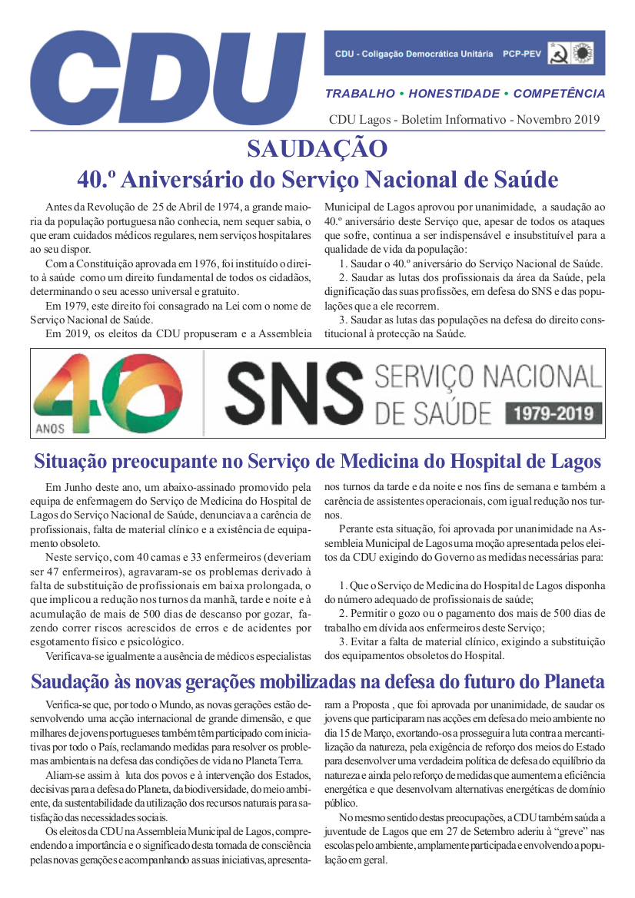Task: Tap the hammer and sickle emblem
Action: [x=560, y=54]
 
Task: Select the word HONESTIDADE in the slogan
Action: [x=454, y=94]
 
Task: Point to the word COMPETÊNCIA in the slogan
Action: [x=559, y=94]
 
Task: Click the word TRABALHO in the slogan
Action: [x=360, y=94]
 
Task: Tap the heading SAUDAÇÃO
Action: [x=317, y=148]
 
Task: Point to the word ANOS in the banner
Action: [x=50, y=427]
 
